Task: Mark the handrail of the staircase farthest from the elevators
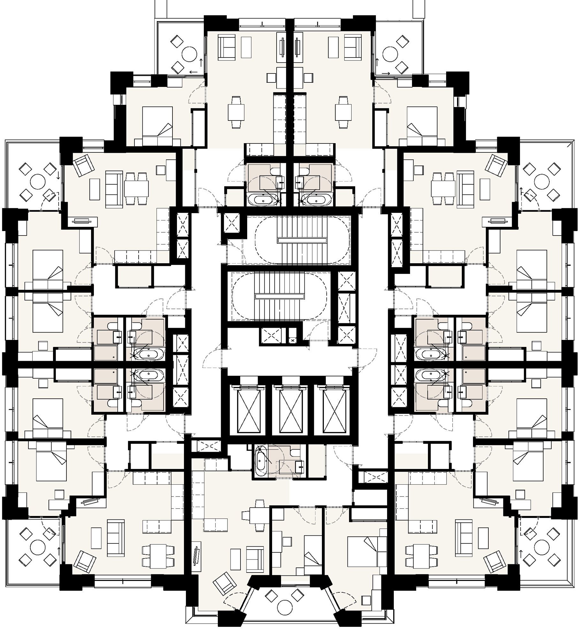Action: tap(302, 240)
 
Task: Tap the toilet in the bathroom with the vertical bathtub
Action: tap(295, 452)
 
